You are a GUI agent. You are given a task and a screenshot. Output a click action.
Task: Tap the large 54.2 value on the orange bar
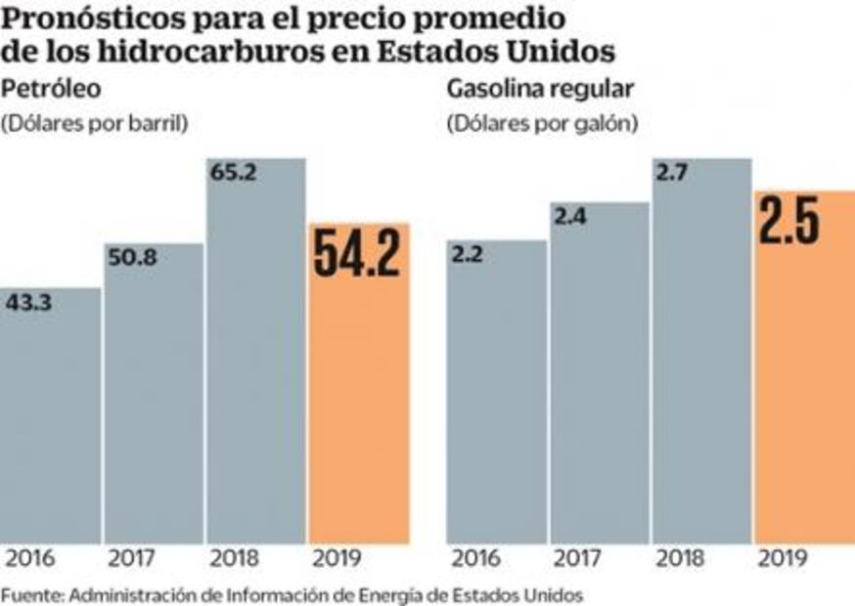coord(358,256)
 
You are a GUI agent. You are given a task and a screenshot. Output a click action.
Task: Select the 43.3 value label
coord(31,303)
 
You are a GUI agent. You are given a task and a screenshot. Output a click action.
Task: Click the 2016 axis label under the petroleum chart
coord(31,560)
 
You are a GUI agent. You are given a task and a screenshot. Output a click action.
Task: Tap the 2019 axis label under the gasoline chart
coord(782,560)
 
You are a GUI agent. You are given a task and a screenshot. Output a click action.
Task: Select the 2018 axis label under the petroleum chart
coord(235,560)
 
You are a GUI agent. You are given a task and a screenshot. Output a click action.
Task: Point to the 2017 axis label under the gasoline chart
coord(578,560)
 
